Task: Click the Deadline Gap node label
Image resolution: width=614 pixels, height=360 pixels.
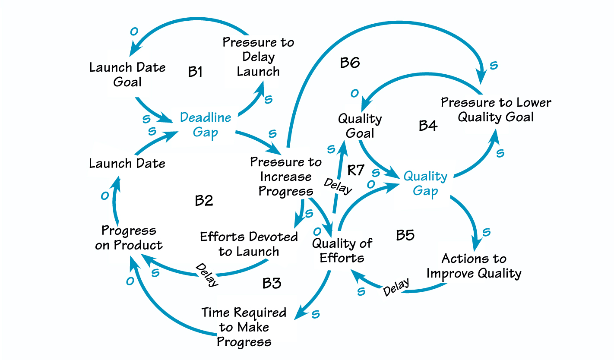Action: point(206,124)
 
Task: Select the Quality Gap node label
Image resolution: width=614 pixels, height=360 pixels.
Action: point(425,183)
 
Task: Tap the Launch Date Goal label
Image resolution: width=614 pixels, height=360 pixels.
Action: point(127,74)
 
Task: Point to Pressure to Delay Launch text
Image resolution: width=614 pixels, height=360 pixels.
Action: point(258,57)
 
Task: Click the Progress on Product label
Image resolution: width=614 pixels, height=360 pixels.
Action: point(128,237)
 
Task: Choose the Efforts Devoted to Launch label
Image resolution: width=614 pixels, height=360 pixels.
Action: point(249,244)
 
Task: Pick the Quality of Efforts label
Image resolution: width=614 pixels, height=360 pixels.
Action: point(342,251)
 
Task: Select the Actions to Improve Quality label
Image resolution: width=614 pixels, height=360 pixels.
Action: point(474,266)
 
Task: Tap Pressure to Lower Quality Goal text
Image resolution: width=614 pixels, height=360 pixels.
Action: point(496,110)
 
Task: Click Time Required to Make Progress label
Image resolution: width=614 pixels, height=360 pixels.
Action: point(244,327)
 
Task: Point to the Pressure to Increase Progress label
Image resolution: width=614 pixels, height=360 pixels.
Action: point(286,177)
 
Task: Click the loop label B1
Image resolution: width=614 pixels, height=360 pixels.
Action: point(196,72)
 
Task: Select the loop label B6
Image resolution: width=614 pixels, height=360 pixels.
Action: point(350,63)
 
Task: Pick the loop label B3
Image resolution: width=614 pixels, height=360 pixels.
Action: point(272,283)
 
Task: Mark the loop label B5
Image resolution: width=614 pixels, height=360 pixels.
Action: point(405,235)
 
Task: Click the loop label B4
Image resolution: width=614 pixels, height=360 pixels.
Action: point(428,126)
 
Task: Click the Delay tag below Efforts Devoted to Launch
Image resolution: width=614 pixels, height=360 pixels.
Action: point(207,275)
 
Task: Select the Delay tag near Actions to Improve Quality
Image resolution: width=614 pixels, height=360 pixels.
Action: point(396,288)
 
